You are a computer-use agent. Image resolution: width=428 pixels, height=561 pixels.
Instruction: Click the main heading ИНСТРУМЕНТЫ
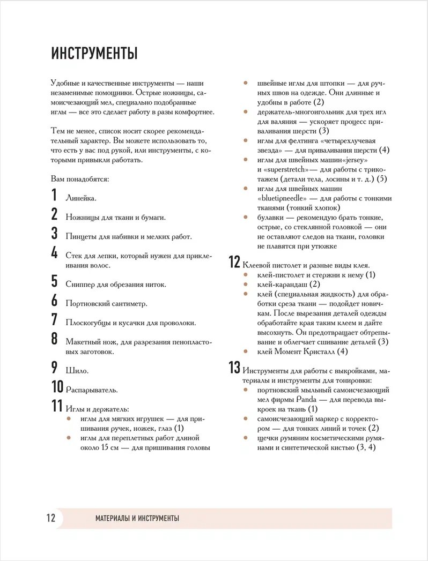94,54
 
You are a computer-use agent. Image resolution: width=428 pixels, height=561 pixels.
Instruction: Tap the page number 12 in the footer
50,518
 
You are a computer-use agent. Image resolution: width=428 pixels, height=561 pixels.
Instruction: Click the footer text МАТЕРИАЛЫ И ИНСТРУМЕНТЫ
137,518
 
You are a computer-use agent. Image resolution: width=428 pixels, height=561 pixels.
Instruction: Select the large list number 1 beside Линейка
54,196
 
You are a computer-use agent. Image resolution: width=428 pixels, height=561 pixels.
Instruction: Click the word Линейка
80,198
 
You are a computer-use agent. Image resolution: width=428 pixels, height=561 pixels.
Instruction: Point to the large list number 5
54,281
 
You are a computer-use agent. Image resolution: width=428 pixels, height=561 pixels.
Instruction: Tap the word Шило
77,370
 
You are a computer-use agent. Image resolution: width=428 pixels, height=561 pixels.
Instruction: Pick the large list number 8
54,339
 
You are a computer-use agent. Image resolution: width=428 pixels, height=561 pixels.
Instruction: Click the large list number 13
234,368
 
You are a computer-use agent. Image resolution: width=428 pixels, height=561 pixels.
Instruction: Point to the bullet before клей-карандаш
245,284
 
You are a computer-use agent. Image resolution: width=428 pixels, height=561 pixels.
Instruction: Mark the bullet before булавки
245,217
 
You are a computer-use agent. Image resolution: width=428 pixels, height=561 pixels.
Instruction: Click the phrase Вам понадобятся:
80,178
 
